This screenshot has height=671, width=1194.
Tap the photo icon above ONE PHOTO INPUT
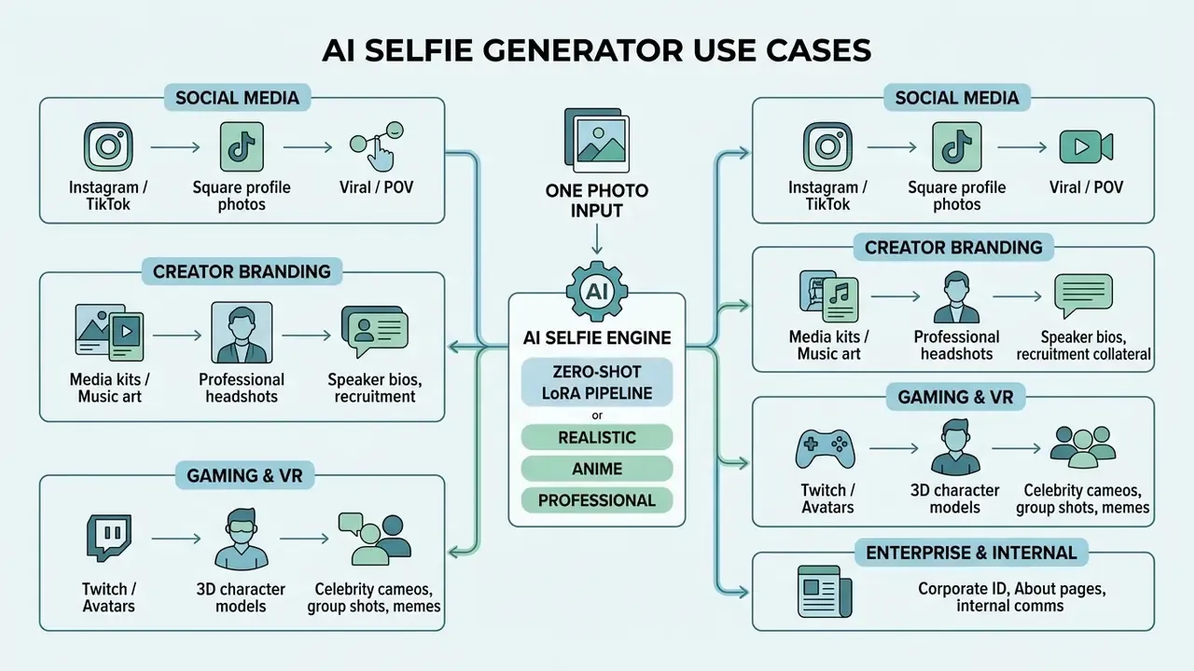click(596, 140)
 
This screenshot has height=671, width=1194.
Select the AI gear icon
click(597, 292)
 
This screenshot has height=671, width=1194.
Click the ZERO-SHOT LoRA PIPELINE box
click(597, 382)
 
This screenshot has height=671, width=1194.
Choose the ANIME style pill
click(597, 469)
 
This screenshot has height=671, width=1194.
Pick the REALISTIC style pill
click(597, 437)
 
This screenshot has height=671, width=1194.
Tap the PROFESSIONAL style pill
click(597, 500)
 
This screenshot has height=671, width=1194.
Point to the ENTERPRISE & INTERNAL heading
click(971, 553)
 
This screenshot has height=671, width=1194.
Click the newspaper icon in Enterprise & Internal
click(825, 592)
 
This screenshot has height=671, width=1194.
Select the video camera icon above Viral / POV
click(1086, 146)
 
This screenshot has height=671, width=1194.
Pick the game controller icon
click(826, 449)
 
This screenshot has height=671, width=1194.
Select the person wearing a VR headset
click(241, 539)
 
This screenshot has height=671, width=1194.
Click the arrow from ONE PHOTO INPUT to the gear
click(597, 240)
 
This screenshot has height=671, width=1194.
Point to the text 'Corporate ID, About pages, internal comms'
click(1011, 597)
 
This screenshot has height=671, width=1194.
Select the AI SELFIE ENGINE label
click(597, 337)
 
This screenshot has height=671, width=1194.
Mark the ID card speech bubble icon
click(375, 331)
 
